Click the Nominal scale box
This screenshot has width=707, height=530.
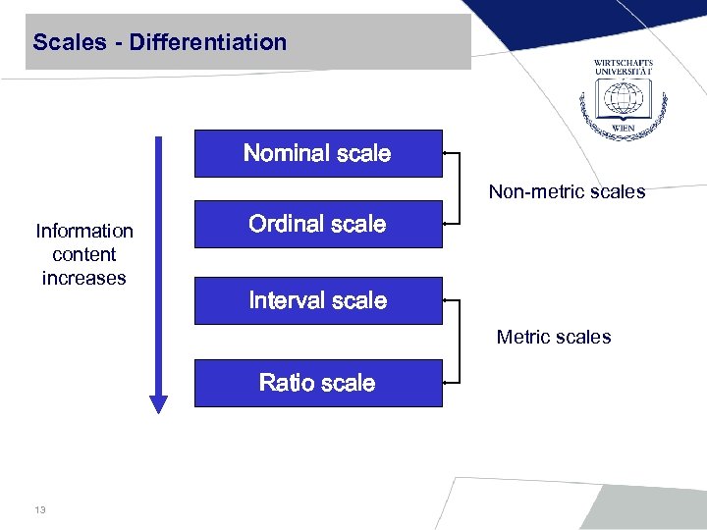click(x=317, y=153)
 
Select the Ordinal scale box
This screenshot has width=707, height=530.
click(x=317, y=224)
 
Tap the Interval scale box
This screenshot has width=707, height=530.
click(x=317, y=300)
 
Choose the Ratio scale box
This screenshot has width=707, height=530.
click(x=317, y=382)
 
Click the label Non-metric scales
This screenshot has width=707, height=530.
click(x=567, y=191)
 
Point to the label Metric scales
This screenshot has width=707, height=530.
click(x=553, y=337)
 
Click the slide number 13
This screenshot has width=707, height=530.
click(x=39, y=509)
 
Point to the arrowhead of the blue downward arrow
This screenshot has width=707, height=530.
click(x=158, y=403)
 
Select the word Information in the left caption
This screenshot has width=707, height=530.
click(x=84, y=231)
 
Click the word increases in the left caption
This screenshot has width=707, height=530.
click(x=84, y=278)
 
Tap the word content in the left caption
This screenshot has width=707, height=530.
click(x=84, y=254)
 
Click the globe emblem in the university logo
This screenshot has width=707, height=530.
click(x=623, y=100)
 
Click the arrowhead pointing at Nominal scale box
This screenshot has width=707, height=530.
click(x=446, y=154)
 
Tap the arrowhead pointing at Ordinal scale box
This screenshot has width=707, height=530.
click(x=446, y=224)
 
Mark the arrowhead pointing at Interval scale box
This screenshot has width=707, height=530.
click(x=446, y=299)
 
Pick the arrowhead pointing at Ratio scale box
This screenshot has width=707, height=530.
click(x=446, y=380)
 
